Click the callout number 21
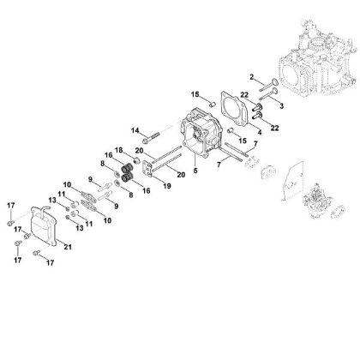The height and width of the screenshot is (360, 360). coord(68,248)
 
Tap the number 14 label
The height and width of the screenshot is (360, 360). coord(135,129)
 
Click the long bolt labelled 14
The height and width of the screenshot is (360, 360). coord(157,134)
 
